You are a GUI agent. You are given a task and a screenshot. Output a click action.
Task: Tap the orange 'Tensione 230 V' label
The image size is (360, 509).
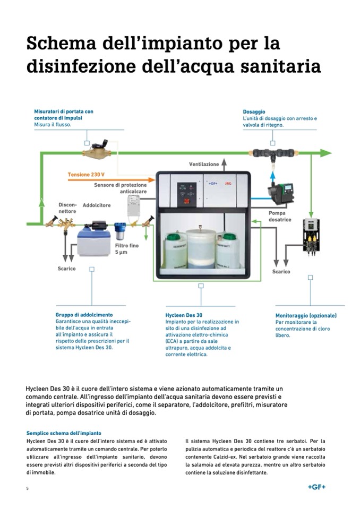(x=86, y=174)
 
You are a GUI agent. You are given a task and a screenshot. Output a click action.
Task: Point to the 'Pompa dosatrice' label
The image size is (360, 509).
(x=280, y=216)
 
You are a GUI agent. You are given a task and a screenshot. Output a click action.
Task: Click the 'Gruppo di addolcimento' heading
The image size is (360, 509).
(x=84, y=315)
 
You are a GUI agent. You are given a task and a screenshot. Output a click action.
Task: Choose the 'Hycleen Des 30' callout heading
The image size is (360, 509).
(x=184, y=315)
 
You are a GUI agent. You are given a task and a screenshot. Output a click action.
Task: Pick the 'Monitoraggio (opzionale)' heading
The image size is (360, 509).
(x=306, y=315)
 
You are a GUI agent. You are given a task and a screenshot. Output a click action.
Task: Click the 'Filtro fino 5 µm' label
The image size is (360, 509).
(x=127, y=248)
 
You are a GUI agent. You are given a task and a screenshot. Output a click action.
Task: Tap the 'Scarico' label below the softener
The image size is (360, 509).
(x=66, y=269)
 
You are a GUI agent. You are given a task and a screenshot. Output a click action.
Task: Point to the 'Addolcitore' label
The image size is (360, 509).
(x=97, y=205)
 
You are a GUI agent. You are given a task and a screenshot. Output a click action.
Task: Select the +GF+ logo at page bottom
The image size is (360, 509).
(x=317, y=487)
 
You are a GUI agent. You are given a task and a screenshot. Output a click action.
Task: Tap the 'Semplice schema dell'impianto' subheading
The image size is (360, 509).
(x=64, y=433)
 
